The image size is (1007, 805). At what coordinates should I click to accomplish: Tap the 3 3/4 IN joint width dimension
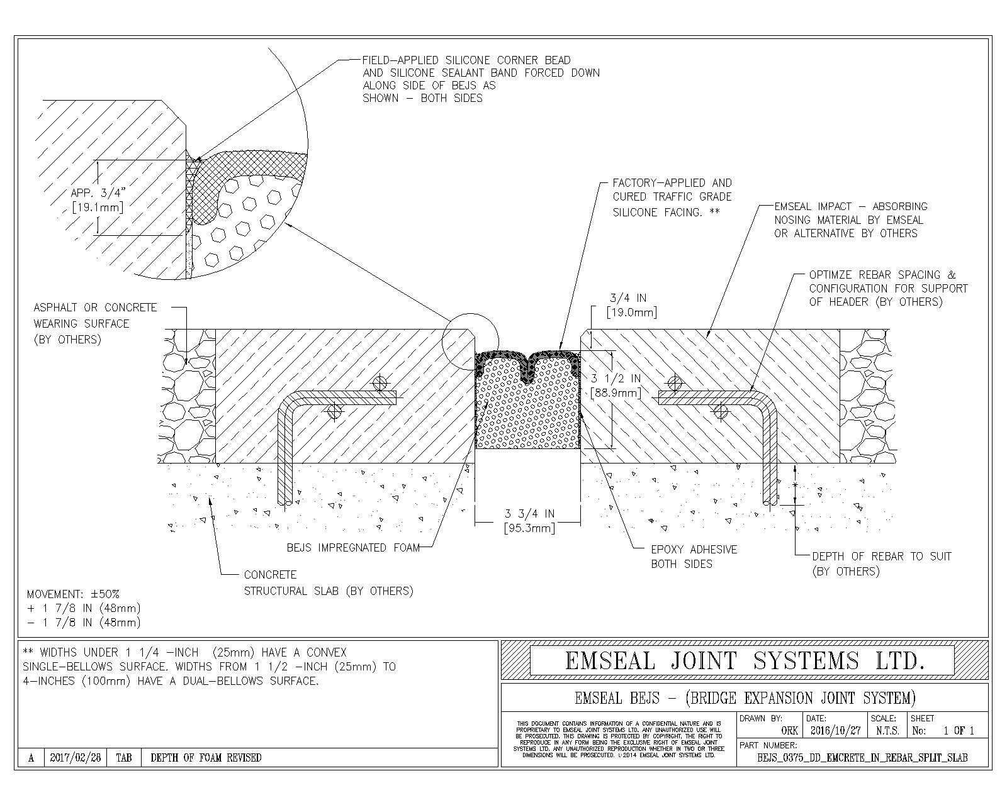coord(529,521)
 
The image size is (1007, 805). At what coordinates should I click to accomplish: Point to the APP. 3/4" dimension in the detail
coord(97,199)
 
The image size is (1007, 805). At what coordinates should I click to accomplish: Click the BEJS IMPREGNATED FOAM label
coord(352,548)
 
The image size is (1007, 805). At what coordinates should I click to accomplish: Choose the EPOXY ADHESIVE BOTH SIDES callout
coord(694,557)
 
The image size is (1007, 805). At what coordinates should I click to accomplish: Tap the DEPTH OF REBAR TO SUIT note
coord(881,563)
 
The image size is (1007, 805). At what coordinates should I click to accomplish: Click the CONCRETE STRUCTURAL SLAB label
coord(328,583)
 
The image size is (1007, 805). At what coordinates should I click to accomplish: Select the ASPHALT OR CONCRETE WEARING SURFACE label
coord(95,323)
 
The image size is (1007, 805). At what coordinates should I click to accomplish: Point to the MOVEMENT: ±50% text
coord(73,594)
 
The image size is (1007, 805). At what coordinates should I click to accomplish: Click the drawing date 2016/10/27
coord(835,731)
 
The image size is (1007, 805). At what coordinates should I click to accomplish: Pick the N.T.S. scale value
coord(887,731)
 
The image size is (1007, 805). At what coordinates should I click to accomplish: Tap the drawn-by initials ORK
coord(789,731)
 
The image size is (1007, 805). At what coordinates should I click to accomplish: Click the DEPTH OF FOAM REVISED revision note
coord(206,758)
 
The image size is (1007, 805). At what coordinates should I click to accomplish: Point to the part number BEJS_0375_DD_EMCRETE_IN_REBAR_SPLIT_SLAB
coord(862,758)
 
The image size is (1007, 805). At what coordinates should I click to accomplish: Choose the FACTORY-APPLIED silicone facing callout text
coord(672,197)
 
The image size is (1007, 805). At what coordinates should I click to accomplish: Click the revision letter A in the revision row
coord(31,758)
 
